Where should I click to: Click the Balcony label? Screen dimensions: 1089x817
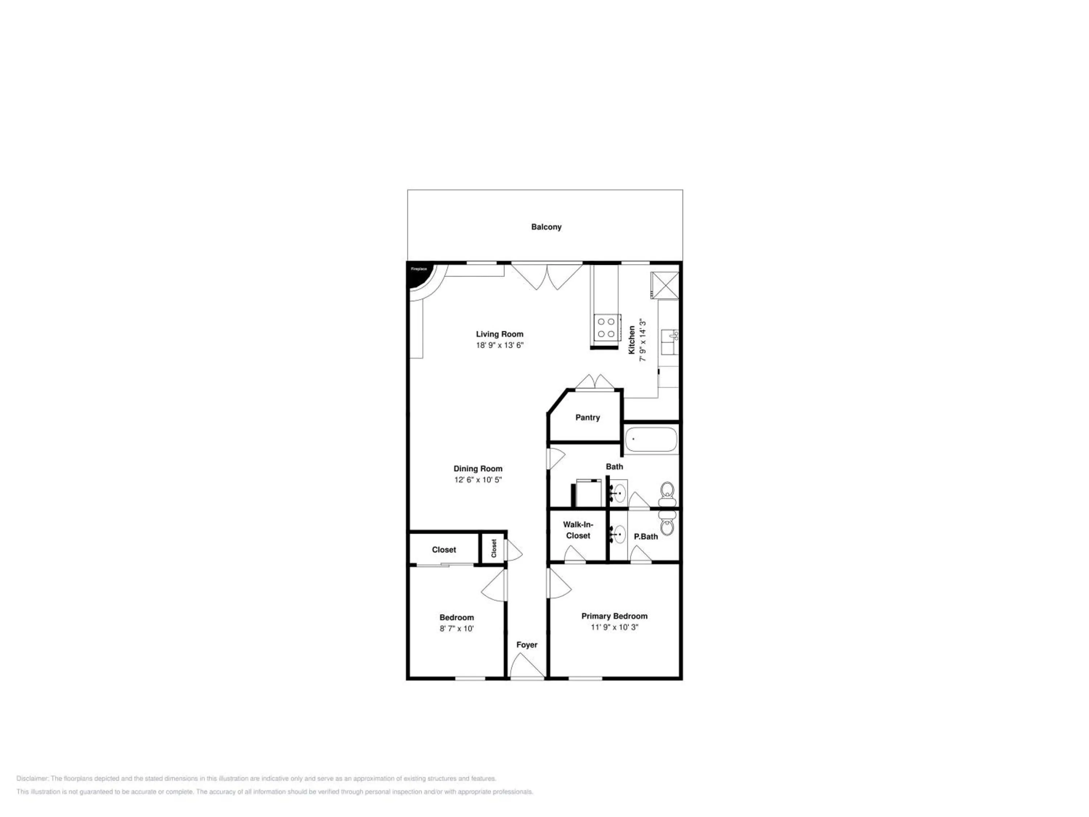[546, 227]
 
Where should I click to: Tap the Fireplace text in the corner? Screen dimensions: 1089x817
[419, 269]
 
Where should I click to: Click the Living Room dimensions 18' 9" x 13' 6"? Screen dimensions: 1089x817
[499, 345]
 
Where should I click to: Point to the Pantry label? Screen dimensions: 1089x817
[587, 418]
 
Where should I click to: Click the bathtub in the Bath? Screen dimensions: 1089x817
[651, 440]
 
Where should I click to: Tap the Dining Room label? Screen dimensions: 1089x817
[478, 469]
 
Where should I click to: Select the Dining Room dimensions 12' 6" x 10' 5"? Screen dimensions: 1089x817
[478, 480]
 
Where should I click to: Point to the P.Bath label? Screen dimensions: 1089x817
[645, 537]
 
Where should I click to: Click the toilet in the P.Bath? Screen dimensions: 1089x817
[667, 523]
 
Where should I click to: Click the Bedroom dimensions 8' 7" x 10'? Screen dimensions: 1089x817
[456, 629]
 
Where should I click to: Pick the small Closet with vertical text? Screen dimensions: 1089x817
[494, 548]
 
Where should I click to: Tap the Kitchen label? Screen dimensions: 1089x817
[632, 340]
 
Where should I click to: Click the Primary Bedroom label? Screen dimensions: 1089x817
[615, 616]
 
